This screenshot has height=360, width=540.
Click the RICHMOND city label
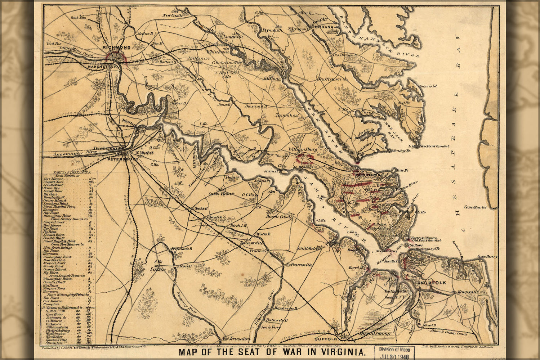click(x=116, y=48)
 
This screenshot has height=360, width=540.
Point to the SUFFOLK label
click(x=325, y=339)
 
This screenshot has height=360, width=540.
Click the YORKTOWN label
click(x=368, y=175)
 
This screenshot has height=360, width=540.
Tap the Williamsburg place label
click(x=302, y=149)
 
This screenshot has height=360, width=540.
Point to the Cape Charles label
click(x=475, y=207)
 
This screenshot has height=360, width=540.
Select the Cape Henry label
click(x=487, y=257)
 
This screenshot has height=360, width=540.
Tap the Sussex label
click(x=157, y=269)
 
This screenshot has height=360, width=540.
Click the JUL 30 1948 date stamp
click(x=395, y=356)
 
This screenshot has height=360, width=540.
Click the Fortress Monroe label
click(x=424, y=238)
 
